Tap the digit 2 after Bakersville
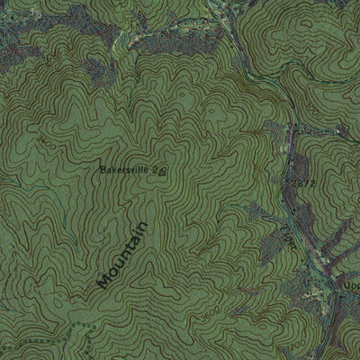[x=156, y=167]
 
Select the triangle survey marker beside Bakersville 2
[x=164, y=167]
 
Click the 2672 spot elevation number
[x=303, y=184]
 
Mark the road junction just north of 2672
[x=290, y=135]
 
